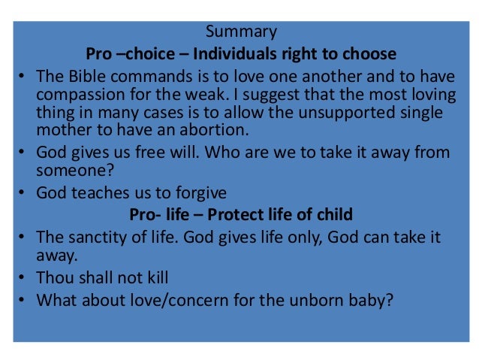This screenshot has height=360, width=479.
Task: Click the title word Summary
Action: pyautogui.click(x=241, y=32)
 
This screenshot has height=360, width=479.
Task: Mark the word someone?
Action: pyautogui.click(x=70, y=170)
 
